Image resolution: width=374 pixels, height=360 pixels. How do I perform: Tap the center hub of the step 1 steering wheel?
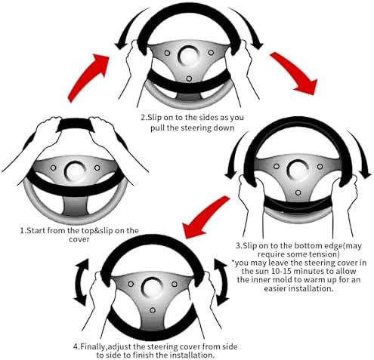[76, 171]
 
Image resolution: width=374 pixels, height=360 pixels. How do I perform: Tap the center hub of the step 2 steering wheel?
[189, 56]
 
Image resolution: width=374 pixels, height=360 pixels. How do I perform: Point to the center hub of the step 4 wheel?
[153, 288]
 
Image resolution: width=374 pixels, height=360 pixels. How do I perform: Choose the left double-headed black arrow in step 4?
[80, 282]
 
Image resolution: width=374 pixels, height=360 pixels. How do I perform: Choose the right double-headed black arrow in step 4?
[223, 282]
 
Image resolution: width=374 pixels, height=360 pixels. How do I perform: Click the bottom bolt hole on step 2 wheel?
[189, 78]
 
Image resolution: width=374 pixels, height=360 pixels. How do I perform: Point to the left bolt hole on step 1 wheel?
[53, 168]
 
